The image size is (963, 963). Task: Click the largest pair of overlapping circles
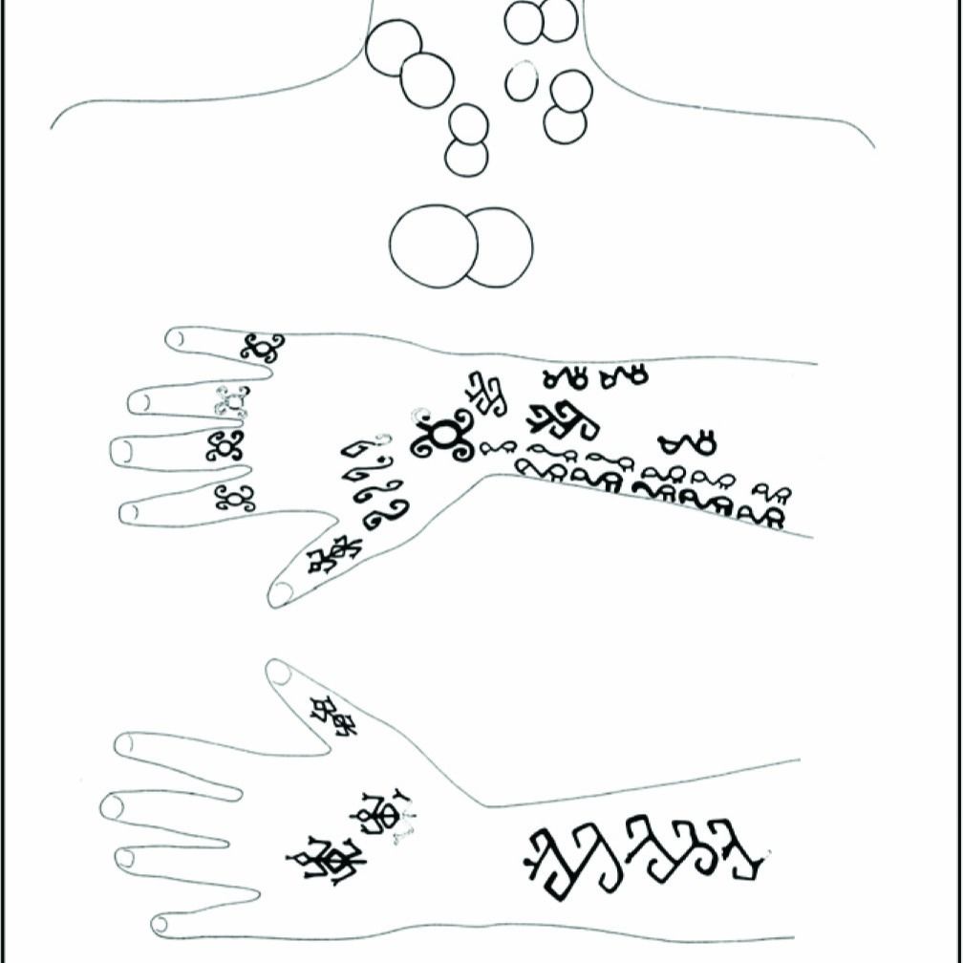(460, 246)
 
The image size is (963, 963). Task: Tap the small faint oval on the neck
(522, 81)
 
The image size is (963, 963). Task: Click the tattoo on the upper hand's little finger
(261, 348)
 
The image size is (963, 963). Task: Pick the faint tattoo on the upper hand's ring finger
(232, 401)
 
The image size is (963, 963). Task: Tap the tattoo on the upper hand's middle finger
(226, 445)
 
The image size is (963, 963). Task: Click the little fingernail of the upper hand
(175, 337)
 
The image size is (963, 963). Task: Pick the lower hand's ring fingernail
(124, 858)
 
